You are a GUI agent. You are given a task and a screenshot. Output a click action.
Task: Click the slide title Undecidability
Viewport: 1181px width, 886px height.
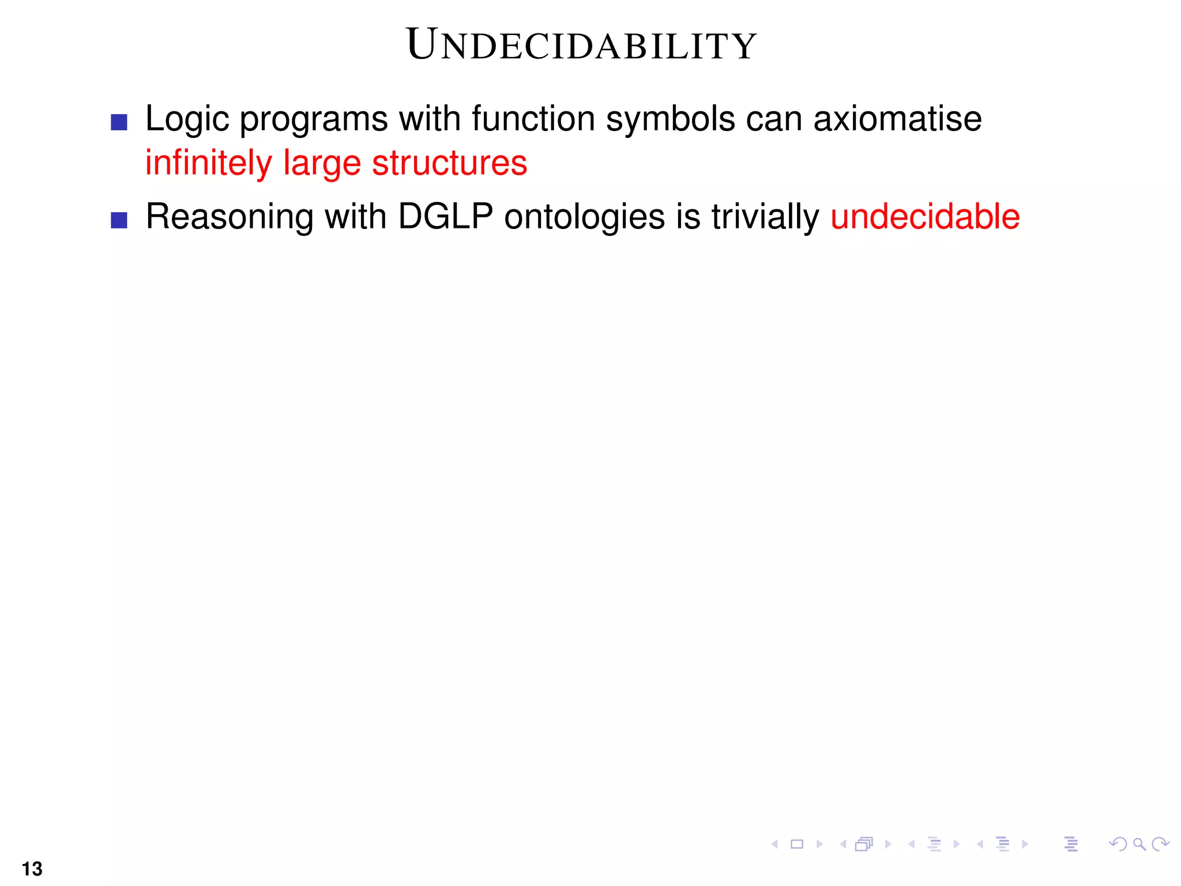click(x=581, y=45)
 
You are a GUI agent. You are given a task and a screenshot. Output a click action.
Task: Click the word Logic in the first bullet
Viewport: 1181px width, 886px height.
click(x=187, y=120)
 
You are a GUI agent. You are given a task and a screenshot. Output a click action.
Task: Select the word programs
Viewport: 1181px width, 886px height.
click(x=314, y=120)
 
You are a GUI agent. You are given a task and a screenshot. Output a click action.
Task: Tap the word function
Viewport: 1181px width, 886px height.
click(x=533, y=119)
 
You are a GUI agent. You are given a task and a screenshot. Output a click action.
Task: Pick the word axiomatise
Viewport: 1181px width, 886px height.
click(x=897, y=119)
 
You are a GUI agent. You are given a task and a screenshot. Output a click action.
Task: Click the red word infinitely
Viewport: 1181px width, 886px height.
click(x=208, y=163)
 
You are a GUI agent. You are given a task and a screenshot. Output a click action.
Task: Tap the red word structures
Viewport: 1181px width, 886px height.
click(x=450, y=163)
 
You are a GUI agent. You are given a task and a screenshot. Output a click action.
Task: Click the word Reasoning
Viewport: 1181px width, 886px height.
click(x=229, y=218)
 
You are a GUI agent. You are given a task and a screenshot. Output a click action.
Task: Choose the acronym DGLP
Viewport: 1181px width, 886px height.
click(x=445, y=217)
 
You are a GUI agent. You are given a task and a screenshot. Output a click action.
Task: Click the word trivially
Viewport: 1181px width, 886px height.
click(x=765, y=218)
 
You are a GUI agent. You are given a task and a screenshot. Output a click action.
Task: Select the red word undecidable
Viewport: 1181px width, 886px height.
click(x=925, y=217)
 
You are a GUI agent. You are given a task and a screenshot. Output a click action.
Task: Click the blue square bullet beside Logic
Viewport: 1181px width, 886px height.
click(x=119, y=122)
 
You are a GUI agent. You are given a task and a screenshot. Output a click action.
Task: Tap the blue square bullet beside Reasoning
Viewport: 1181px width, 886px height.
click(x=119, y=220)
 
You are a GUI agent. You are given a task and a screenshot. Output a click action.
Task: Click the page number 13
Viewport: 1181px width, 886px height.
click(x=32, y=869)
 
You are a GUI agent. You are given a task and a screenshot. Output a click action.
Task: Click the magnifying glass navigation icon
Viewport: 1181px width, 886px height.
click(x=1139, y=844)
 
